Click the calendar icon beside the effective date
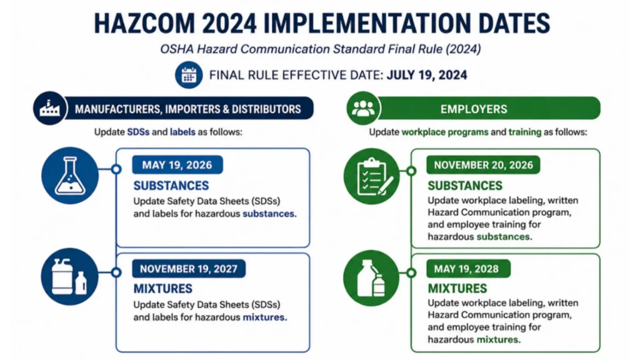tap(189, 75)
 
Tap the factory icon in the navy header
tap(50, 108)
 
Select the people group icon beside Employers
tap(363, 108)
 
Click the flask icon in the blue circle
tap(70, 176)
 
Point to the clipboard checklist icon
tap(371, 176)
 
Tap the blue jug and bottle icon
tap(69, 276)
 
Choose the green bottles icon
tap(371, 278)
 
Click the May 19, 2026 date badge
tap(177, 165)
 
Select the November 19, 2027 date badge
tap(189, 269)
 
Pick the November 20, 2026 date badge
tap(483, 165)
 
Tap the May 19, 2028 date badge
tap(468, 269)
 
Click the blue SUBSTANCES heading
tap(171, 186)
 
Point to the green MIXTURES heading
tap(457, 289)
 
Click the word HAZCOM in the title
tap(145, 23)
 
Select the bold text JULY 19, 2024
tap(427, 75)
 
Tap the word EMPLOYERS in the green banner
tap(474, 109)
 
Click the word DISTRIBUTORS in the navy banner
tap(266, 109)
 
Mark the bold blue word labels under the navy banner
tap(182, 132)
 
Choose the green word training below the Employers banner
tap(525, 132)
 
